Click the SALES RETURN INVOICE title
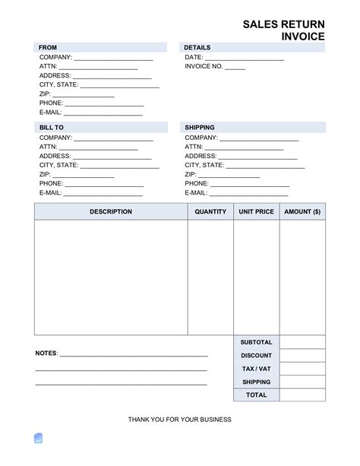pos(283,30)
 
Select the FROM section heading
pos(48,47)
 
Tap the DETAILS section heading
pos(197,47)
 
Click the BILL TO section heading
pos(51,128)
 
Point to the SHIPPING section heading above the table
pos(199,128)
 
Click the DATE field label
pos(194,57)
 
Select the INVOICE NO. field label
pos(204,66)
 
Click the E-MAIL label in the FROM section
pos(51,113)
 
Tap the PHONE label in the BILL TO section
pos(51,183)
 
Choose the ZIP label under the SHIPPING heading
pos(191,174)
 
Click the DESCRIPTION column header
pos(110,212)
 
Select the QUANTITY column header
pos(210,212)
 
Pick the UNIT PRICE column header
pos(256,212)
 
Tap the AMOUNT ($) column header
pos(302,212)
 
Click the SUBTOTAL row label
pos(256,343)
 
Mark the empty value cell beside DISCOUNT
pos(302,356)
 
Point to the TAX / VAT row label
pos(256,369)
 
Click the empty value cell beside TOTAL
pos(302,395)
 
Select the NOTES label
pos(46,354)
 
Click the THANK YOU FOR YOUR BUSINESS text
pos(180,420)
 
